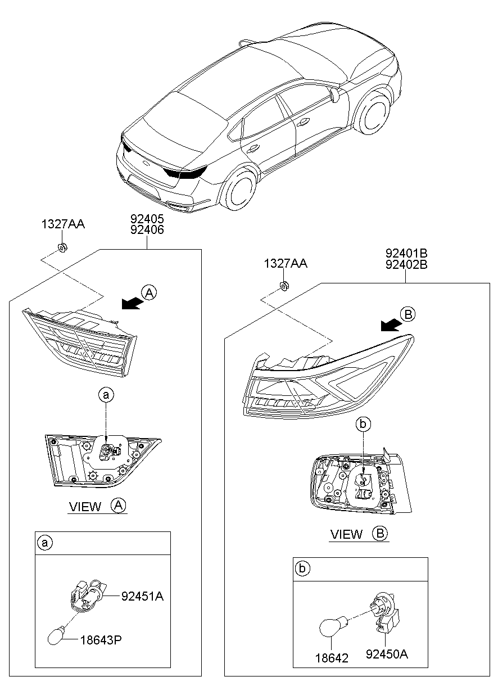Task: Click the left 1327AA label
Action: tap(62, 224)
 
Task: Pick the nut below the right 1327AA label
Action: tap(284, 286)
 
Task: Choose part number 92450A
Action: tap(387, 654)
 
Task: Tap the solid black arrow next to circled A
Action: tap(131, 303)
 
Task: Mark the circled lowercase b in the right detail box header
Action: tap(302, 569)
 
